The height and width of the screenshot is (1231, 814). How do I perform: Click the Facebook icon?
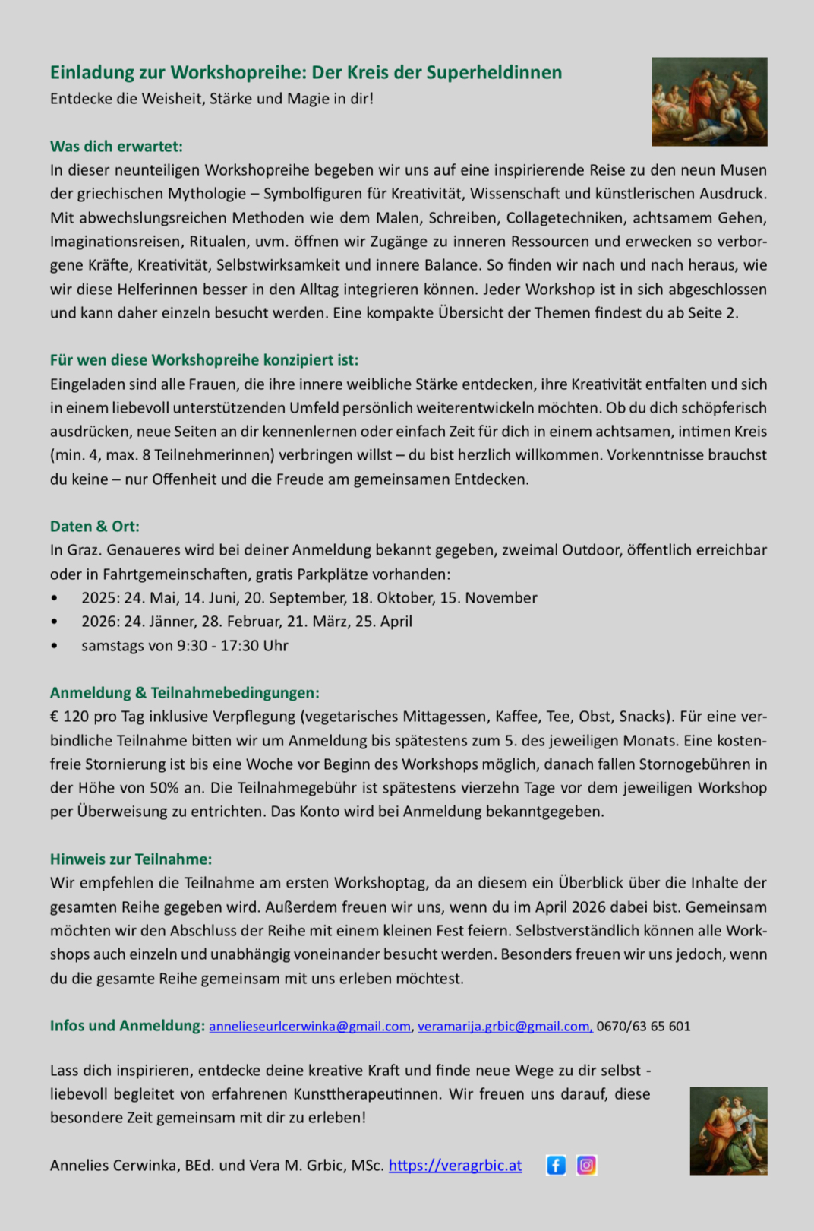click(556, 1165)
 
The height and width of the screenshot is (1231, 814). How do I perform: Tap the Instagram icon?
click(586, 1165)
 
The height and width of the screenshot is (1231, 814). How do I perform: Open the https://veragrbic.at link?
click(455, 1166)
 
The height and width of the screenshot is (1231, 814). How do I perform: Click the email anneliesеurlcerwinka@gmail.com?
click(310, 1027)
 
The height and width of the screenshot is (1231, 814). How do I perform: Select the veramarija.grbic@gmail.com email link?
click(505, 1027)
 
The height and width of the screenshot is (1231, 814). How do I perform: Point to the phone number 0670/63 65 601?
click(644, 1027)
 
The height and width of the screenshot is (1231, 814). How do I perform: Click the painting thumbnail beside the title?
click(709, 102)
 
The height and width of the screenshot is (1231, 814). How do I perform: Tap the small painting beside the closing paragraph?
click(728, 1131)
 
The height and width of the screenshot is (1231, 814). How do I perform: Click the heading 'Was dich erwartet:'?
click(116, 146)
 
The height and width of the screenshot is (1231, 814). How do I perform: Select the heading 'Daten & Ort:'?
click(95, 527)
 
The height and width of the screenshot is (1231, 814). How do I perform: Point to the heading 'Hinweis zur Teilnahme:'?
click(131, 859)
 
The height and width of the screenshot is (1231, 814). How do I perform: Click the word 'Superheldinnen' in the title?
click(494, 73)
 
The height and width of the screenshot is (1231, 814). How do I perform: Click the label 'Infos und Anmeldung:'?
click(128, 1026)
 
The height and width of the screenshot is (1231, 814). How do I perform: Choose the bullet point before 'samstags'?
click(54, 646)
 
